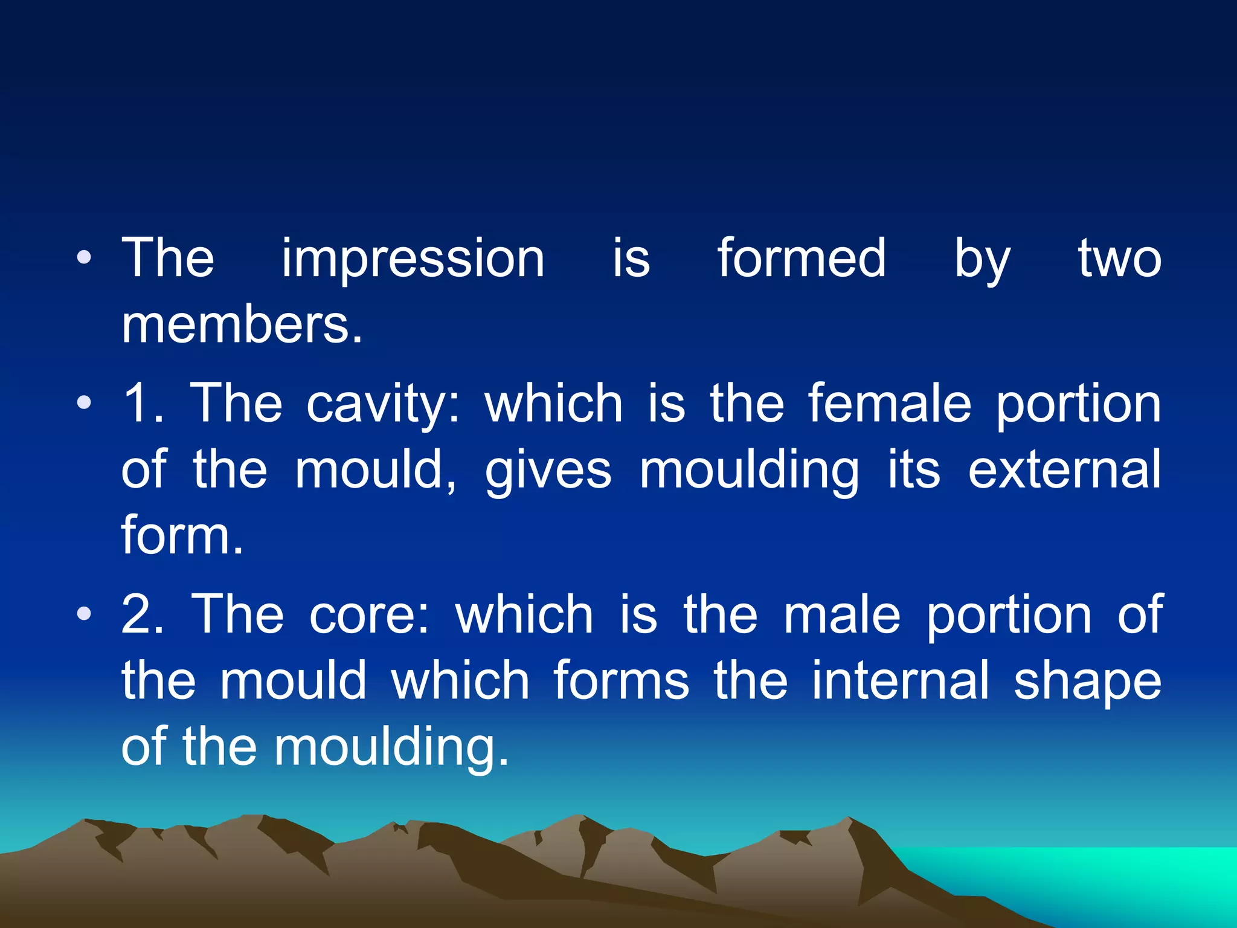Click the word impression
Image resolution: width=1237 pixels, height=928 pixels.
pyautogui.click(x=413, y=260)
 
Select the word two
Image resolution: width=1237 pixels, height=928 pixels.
pyautogui.click(x=1120, y=260)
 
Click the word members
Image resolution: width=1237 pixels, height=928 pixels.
pyautogui.click(x=242, y=326)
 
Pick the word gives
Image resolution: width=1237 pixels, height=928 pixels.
pyautogui.click(x=548, y=471)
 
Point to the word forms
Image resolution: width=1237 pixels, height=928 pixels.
pyautogui.click(x=621, y=681)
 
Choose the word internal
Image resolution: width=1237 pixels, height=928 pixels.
pyautogui.click(x=901, y=681)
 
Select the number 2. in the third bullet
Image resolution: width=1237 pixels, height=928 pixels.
pyautogui.click(x=143, y=615)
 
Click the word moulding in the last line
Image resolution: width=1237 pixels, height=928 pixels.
pyautogui.click(x=391, y=748)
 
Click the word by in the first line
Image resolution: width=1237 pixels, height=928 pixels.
pyautogui.click(x=982, y=260)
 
